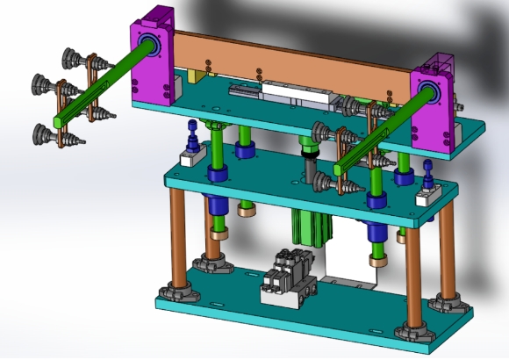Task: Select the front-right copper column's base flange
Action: [412, 333]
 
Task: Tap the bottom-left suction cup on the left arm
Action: [42, 133]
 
